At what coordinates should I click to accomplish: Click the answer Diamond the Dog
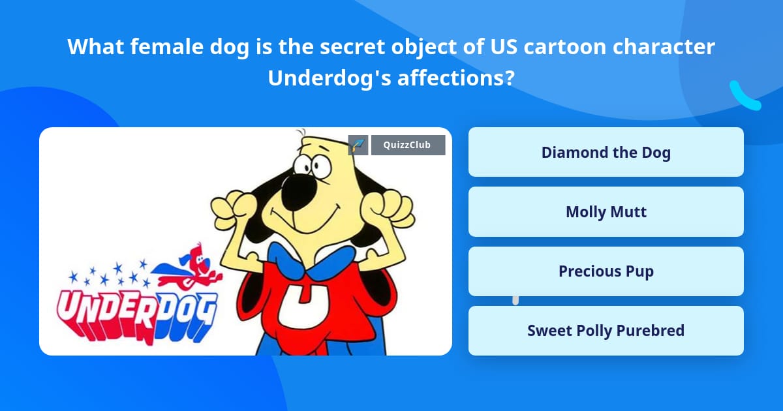pos(606,153)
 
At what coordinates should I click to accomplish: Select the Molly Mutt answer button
pos(606,212)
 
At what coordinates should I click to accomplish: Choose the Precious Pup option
pos(606,271)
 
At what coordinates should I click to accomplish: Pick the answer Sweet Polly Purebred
pos(606,331)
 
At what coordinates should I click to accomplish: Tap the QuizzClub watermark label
pos(408,145)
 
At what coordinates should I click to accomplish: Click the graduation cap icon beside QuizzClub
pos(358,145)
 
